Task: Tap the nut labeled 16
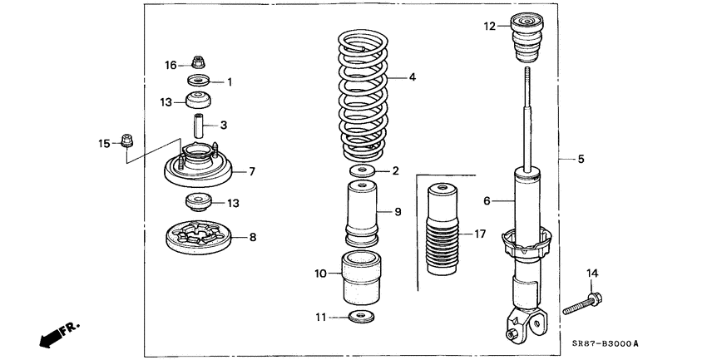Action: click(x=198, y=62)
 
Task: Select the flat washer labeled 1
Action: click(x=198, y=81)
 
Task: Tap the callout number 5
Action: click(x=581, y=156)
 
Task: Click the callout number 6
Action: click(x=487, y=200)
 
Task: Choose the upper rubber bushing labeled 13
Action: click(x=198, y=102)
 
